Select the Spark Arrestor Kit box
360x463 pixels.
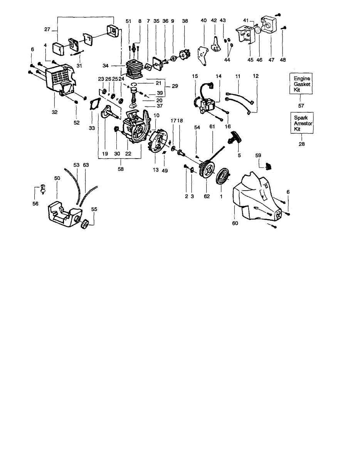click(301, 123)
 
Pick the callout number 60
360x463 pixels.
click(235, 223)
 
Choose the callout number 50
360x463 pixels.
click(57, 178)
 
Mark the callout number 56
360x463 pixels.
click(35, 203)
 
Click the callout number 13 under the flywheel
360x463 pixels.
click(156, 170)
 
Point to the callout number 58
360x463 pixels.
click(121, 169)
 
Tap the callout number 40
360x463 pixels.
click(204, 21)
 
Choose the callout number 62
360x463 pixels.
click(207, 196)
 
